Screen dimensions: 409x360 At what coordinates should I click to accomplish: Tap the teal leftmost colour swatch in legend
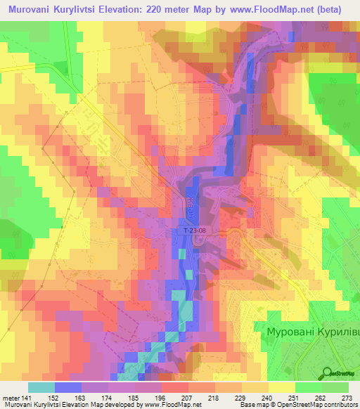pyautogui.click(x=41, y=387)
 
